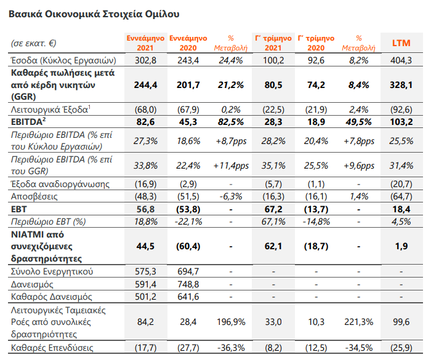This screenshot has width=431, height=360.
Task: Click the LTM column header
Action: [x=401, y=43]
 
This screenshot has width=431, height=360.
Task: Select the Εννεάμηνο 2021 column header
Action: [x=145, y=43]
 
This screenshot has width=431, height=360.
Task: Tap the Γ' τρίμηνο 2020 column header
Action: [x=316, y=43]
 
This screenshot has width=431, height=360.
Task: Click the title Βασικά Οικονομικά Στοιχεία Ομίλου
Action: [x=94, y=14]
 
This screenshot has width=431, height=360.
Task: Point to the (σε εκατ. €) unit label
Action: [x=33, y=43]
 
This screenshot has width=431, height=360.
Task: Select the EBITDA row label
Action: [x=28, y=121]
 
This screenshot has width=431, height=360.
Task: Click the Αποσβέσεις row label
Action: [x=34, y=196]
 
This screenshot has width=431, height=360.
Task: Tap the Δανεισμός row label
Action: [x=32, y=284]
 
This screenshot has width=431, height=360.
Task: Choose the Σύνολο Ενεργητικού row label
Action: [x=52, y=271]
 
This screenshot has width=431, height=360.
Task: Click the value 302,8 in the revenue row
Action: [x=145, y=60]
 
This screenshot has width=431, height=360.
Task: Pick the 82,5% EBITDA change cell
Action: [x=231, y=122]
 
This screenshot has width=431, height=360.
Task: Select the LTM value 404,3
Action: [x=401, y=60]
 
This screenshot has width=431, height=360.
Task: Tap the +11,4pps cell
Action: [x=231, y=166]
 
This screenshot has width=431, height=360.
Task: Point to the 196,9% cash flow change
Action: [x=231, y=321]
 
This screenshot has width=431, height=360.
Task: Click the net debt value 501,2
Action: [x=145, y=297]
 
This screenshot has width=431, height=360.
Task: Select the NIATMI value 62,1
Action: [x=273, y=246]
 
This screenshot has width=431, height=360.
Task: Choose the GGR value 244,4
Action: [x=145, y=85]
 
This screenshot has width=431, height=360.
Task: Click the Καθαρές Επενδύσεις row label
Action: [x=52, y=348]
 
